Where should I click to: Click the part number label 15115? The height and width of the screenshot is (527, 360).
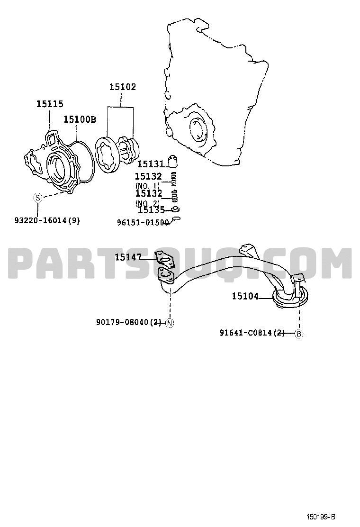(50, 104)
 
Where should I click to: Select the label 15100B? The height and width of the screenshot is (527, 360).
(80, 119)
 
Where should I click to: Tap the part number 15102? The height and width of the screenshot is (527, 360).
(123, 87)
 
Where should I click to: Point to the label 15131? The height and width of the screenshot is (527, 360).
(151, 164)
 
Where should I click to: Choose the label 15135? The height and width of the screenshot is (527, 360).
(152, 210)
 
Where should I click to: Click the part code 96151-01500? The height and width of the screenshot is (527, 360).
(143, 222)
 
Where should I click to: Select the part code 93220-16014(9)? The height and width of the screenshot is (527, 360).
(47, 220)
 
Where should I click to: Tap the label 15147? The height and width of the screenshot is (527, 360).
(128, 257)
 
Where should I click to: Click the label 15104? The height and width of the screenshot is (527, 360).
(245, 296)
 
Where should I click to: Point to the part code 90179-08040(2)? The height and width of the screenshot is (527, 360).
(129, 322)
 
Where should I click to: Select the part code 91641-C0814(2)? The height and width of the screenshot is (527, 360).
(252, 333)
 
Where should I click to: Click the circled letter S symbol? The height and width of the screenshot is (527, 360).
(37, 198)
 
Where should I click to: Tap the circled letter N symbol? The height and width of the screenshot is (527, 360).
(170, 323)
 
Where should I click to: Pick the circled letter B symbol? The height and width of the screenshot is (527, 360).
(299, 334)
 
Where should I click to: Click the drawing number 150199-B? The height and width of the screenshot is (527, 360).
(321, 517)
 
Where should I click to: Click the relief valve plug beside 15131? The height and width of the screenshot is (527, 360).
(172, 162)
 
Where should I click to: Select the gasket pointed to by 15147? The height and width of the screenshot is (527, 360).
(165, 259)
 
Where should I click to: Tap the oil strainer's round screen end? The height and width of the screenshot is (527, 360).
(290, 297)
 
